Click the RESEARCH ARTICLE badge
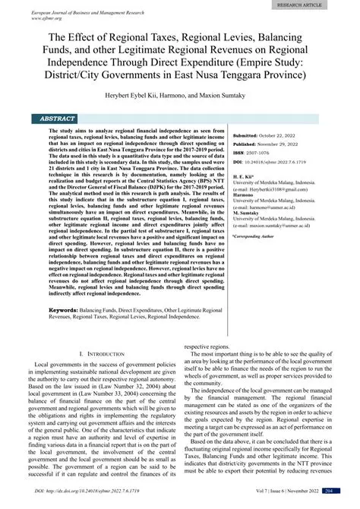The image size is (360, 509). point(319,5)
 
